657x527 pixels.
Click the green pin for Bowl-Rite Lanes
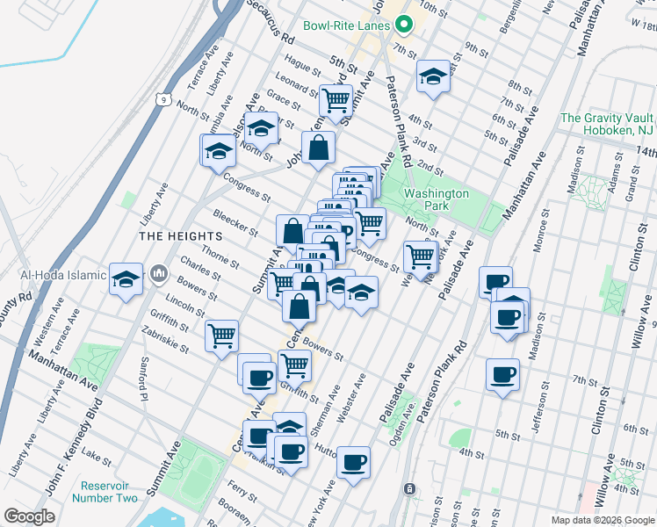403,25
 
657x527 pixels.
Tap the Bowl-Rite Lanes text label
346,25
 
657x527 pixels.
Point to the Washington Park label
437,200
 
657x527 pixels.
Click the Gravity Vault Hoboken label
606,124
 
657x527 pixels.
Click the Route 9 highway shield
164,100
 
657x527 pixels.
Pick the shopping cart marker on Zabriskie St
221,335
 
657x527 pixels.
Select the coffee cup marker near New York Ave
353,462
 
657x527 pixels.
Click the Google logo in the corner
29,516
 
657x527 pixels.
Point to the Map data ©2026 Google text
603,520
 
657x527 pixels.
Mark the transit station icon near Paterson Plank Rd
408,488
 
